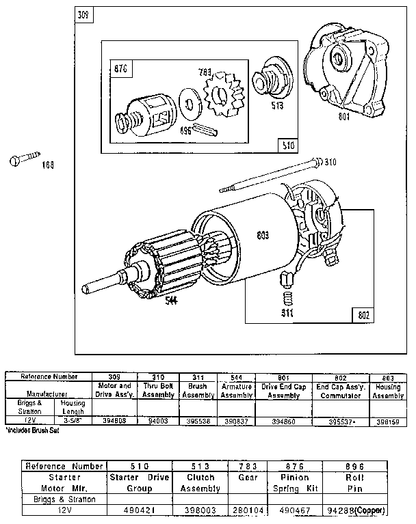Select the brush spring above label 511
click(287, 299)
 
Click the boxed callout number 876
click(122, 68)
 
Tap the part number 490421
click(140, 510)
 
